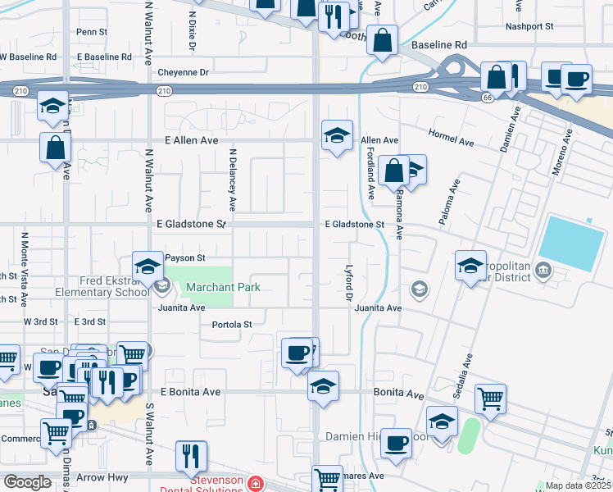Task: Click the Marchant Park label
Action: point(222,287)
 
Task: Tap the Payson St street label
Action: point(184,257)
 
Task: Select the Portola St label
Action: point(232,324)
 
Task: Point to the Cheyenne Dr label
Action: point(184,72)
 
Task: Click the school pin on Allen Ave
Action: point(336,134)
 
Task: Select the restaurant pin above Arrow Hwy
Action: point(191,455)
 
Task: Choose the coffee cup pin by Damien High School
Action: point(397,443)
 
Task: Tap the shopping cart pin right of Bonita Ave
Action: point(490,399)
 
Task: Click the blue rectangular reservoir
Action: point(575,243)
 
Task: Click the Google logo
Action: point(27,482)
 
